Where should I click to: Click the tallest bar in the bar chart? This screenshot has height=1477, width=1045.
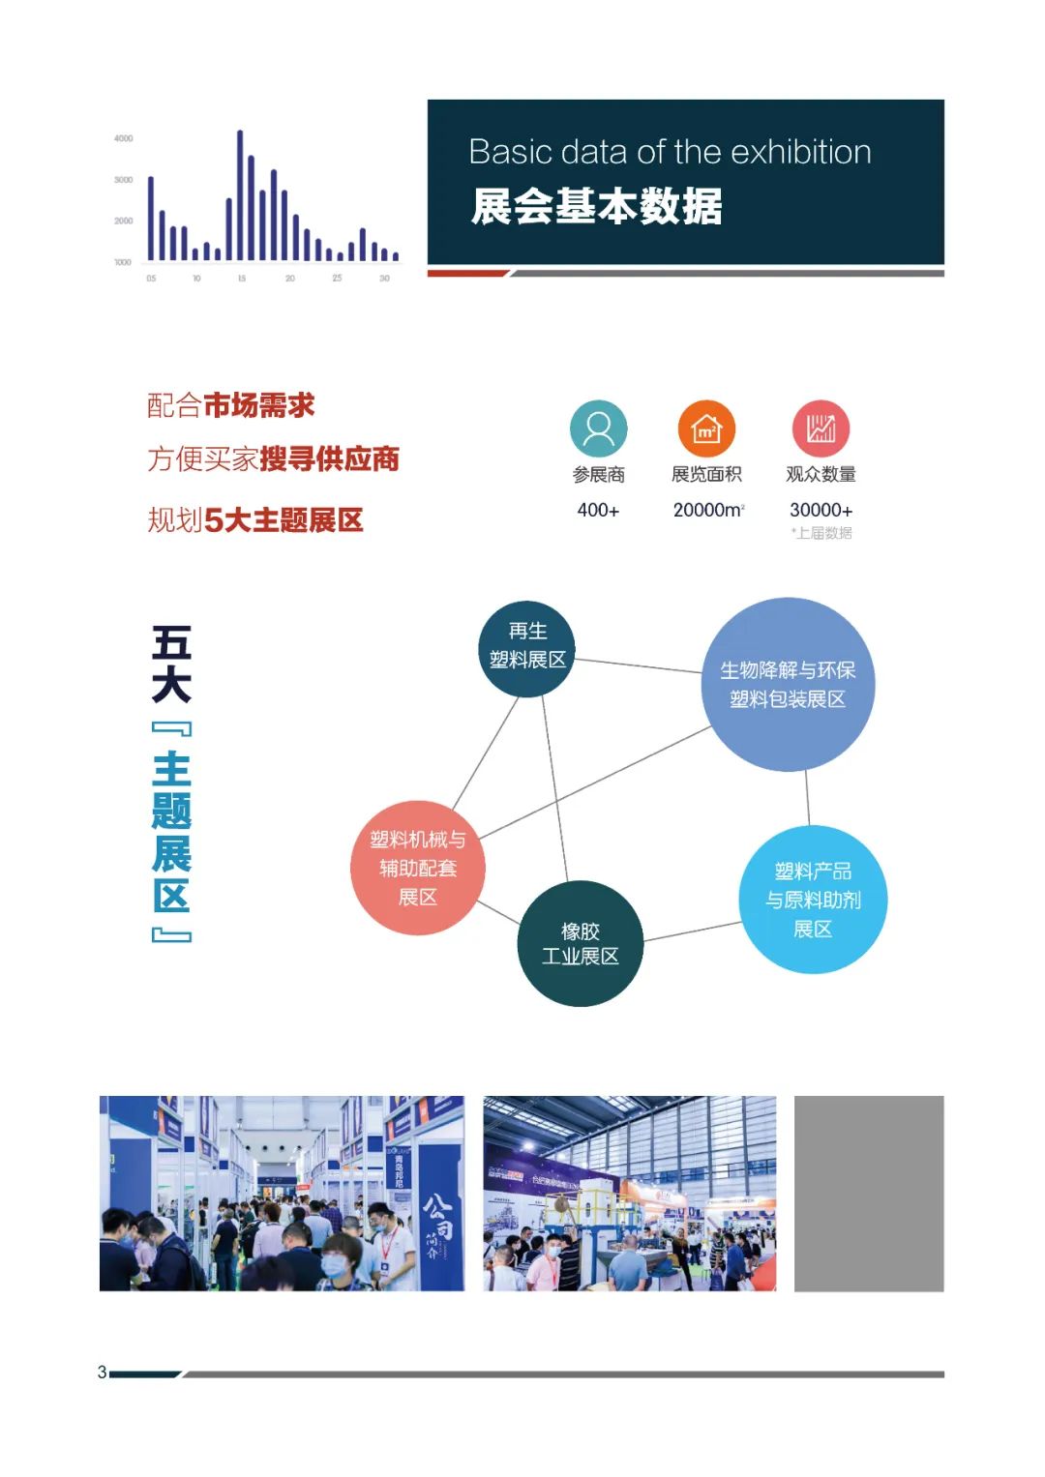pyautogui.click(x=240, y=195)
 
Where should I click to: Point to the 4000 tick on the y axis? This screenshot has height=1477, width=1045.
pyautogui.click(x=124, y=138)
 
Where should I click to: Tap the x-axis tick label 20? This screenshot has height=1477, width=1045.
pyautogui.click(x=290, y=279)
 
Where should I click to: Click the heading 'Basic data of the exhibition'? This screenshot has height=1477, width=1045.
pyautogui.click(x=670, y=152)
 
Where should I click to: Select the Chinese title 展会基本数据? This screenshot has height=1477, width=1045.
pyautogui.click(x=596, y=207)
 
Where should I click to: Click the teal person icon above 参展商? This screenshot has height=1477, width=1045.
pyautogui.click(x=599, y=428)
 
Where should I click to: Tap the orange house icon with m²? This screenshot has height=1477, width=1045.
pyautogui.click(x=706, y=428)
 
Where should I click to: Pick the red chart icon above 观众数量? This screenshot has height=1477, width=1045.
pyautogui.click(x=821, y=428)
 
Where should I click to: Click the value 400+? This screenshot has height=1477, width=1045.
pyautogui.click(x=598, y=510)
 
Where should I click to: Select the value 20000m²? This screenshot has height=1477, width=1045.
pyautogui.click(x=708, y=510)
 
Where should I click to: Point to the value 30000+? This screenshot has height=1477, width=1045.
pyautogui.click(x=821, y=510)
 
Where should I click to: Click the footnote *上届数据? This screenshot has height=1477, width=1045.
pyautogui.click(x=821, y=533)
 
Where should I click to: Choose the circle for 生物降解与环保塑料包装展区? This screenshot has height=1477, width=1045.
pyautogui.click(x=788, y=684)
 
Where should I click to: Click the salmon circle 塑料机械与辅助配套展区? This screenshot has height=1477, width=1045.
pyautogui.click(x=417, y=868)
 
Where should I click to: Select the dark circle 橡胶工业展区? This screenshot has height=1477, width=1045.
pyautogui.click(x=581, y=943)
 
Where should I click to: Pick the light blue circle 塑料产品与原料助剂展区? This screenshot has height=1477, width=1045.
pyautogui.click(x=813, y=900)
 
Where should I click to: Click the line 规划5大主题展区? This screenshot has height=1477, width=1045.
pyautogui.click(x=255, y=520)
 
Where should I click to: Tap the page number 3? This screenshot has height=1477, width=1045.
pyautogui.click(x=102, y=1372)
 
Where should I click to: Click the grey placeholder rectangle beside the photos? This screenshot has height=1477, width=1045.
pyautogui.click(x=868, y=1193)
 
